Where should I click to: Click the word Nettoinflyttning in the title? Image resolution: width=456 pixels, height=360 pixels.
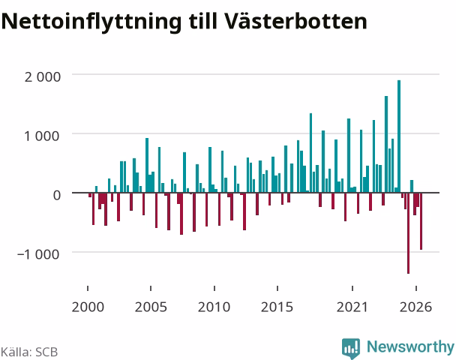point(91,22)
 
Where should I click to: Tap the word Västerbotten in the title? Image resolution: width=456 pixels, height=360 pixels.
point(295,21)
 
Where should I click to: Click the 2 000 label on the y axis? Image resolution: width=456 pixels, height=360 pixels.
point(43,77)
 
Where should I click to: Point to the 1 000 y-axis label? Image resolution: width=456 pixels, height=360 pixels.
point(43,136)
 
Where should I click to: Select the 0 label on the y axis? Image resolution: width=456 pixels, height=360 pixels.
point(57,195)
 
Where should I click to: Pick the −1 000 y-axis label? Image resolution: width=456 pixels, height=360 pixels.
point(38,254)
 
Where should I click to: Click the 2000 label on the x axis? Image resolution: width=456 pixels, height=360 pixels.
point(88,307)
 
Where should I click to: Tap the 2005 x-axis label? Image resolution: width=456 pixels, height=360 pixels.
point(151,307)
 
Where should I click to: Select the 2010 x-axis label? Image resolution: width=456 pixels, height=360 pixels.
point(214,307)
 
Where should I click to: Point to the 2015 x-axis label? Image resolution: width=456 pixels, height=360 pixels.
point(277,307)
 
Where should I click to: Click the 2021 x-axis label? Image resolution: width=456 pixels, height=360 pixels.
point(352,307)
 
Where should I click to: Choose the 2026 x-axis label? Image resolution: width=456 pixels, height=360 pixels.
point(415,307)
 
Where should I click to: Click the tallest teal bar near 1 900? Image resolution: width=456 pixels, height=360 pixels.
point(399,136)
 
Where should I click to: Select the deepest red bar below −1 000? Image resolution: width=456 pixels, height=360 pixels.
point(408,233)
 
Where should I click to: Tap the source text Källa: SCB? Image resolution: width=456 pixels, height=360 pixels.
point(29,352)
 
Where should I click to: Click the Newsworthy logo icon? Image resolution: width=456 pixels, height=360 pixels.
point(351,348)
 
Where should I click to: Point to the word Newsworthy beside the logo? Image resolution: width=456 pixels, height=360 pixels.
point(410,347)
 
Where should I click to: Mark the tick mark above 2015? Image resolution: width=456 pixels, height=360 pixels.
point(277,288)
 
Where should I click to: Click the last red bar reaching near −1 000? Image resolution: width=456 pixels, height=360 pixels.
point(421,221)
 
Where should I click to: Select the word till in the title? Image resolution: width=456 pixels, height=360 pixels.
point(202,21)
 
